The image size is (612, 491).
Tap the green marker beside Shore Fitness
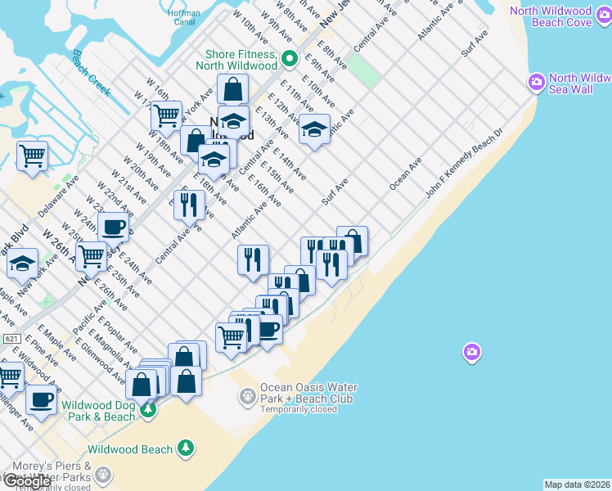point(290,59)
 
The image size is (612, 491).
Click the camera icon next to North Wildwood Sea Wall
point(537,81)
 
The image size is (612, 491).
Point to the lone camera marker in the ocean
point(471,353)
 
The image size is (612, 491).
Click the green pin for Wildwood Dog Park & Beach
point(147,409)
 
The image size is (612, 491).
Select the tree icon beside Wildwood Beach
point(187,448)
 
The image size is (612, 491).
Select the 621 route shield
point(11,338)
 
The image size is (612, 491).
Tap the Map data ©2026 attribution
point(578,484)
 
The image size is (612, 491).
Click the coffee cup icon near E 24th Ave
point(113,227)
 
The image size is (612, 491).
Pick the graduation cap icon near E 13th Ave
point(314,129)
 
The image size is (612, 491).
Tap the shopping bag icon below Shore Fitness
point(232,89)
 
